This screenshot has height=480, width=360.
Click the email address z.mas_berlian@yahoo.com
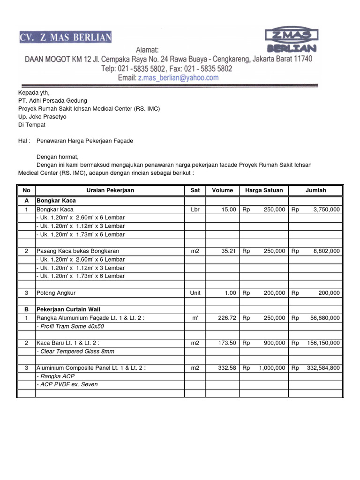178,78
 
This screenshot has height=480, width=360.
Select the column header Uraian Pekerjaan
110,190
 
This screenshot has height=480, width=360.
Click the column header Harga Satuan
264,190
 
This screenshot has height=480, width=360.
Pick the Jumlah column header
315,190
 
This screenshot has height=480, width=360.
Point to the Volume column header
222,190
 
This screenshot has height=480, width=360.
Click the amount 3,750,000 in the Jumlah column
326,210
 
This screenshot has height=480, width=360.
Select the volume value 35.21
228,251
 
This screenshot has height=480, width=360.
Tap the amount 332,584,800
323,368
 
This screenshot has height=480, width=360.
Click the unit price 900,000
274,343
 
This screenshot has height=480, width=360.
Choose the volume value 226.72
226,318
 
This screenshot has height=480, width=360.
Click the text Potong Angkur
56,293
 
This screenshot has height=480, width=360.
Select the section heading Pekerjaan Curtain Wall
68,309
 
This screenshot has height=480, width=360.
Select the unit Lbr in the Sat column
195,210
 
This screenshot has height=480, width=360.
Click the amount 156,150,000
323,343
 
